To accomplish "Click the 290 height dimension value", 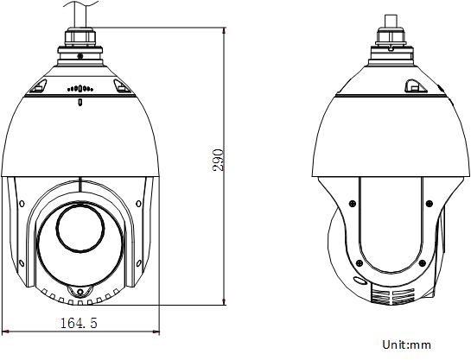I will point(220,159).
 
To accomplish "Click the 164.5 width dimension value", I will point(78,323).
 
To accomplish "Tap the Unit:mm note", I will point(406,344).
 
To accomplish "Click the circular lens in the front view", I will point(81,230).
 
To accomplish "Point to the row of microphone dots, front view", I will point(80,89).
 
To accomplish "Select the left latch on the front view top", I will point(40,86).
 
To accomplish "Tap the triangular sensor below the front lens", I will point(81,293).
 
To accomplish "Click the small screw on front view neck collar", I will point(80,56).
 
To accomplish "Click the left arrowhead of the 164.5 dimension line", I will point(6,332).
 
